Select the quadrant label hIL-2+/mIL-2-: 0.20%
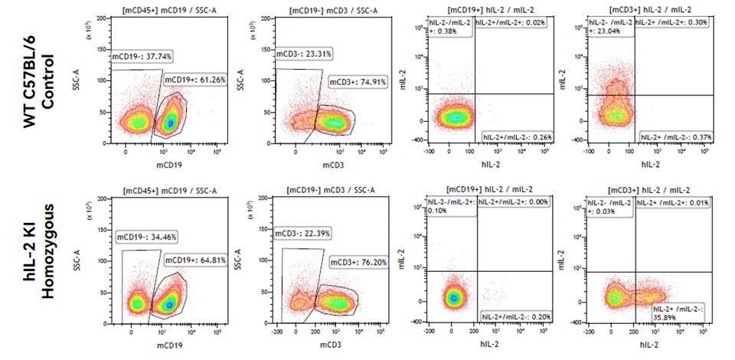(516, 316)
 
